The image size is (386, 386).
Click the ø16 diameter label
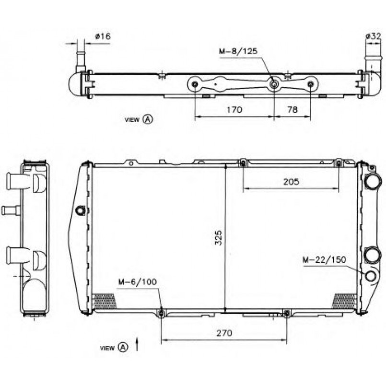pyautogui.click(x=103, y=36)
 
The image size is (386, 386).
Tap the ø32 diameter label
pyautogui.click(x=373, y=36)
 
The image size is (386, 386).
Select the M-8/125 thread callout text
pyautogui.click(x=238, y=51)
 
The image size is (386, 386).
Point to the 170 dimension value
pyautogui.click(x=234, y=109)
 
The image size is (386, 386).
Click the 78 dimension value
pyautogui.click(x=292, y=109)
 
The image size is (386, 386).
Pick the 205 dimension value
pyautogui.click(x=291, y=182)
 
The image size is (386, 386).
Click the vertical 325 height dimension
pyautogui.click(x=219, y=238)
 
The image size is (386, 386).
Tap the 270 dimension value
pyautogui.click(x=224, y=333)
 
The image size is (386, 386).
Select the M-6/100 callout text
pyautogui.click(x=137, y=282)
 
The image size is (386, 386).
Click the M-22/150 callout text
pyautogui.click(x=324, y=260)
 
